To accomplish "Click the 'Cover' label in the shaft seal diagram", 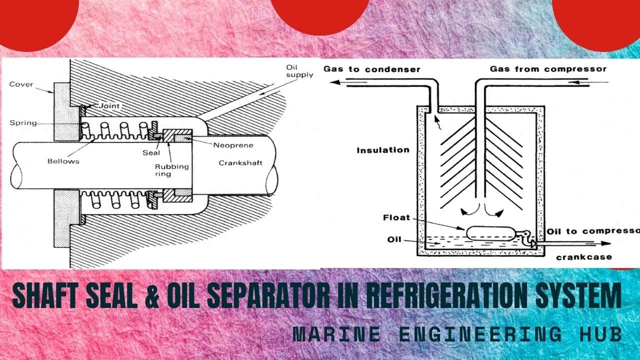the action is point(21,84).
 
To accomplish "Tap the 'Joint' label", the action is point(109,106).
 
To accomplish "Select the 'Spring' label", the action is point(23,123).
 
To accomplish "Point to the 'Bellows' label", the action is point(63,161).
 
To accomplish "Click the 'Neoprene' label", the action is point(233,145).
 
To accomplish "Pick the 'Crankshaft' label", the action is point(240,163).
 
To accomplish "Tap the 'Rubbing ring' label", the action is point(171,170).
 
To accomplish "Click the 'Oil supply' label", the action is point(299,71).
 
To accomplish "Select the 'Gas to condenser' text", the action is point(371,69).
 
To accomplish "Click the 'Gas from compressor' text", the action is point(548,69).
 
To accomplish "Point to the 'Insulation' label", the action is point(383,150).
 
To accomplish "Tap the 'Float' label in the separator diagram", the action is point(396,217).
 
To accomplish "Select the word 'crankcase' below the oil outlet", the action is point(584,257).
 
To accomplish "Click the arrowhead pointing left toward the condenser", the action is point(335,82).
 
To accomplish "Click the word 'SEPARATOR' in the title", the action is point(268,295).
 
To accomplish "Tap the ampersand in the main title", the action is point(153,295).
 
